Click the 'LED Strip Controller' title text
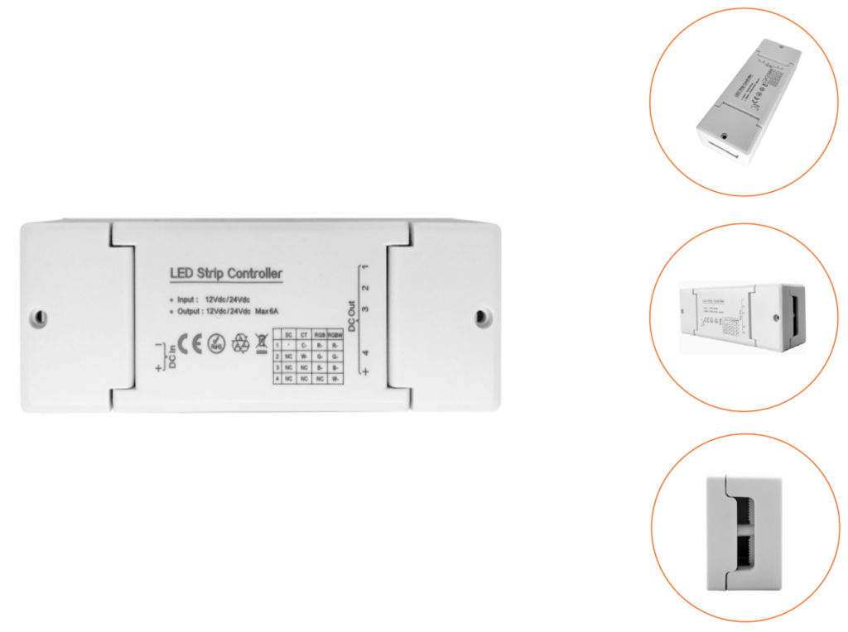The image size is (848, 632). coord(226,273)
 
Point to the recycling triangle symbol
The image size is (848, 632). coord(240,342)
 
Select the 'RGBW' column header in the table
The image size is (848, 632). coord(334,333)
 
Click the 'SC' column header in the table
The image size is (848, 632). coord(288,333)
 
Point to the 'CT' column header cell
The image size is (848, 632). coord(304,333)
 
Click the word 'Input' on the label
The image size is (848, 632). coord(187,299)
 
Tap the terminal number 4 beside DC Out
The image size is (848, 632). coord(365,353)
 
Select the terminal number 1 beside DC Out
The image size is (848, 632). coord(365,267)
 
